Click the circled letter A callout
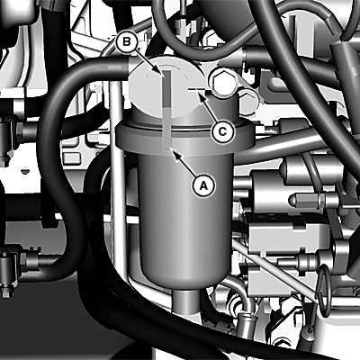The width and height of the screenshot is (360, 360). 203,185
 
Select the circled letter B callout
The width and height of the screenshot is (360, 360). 127,41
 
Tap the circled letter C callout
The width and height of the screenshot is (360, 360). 222,131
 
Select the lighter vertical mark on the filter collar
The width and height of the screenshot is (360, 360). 166,129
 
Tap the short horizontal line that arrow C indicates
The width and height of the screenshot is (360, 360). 197,89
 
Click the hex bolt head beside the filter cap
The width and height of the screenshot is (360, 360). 222,82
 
